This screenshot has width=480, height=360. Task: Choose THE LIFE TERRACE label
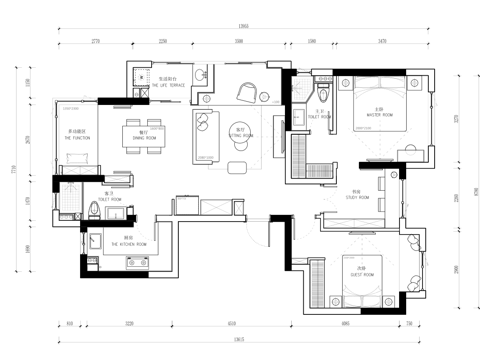168,84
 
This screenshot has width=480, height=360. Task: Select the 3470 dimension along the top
382,42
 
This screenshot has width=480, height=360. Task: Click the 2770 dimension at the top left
96,42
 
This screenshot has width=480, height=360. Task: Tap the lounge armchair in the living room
248,92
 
